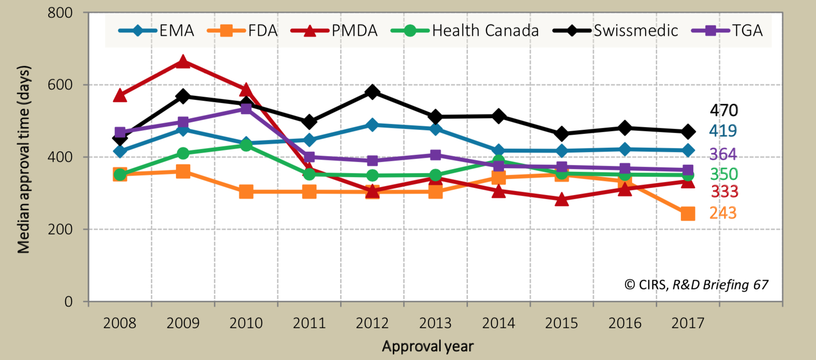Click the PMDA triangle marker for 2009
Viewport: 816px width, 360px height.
click(183, 62)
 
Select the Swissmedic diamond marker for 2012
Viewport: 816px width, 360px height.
click(372, 92)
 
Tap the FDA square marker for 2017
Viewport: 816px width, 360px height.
click(688, 213)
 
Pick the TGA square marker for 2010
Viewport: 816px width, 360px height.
click(246, 108)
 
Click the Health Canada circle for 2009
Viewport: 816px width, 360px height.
click(183, 153)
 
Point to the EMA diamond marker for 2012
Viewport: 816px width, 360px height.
click(372, 125)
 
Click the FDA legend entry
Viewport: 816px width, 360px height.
click(243, 31)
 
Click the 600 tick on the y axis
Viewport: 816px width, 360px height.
click(60, 85)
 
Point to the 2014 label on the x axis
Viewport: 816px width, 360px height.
click(498, 323)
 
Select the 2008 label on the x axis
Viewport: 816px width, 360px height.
click(120, 323)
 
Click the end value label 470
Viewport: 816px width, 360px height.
click(724, 110)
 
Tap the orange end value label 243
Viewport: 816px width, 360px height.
click(723, 213)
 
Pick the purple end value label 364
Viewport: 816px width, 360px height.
click(723, 154)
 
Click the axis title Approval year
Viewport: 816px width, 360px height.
click(427, 346)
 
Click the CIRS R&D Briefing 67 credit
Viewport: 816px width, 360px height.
click(696, 285)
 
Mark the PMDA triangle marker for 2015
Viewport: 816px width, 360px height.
click(562, 200)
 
